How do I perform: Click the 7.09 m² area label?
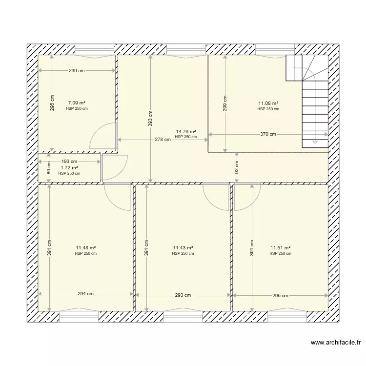click(77, 103)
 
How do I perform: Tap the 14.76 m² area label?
click(186, 131)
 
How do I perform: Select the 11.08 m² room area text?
click(268, 103)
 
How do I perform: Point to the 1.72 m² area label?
click(69, 167)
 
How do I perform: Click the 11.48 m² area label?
click(85, 248)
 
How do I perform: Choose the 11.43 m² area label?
click(183, 248)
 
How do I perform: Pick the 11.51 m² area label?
click(280, 248)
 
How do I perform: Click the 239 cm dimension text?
click(77, 71)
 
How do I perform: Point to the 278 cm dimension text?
click(163, 140)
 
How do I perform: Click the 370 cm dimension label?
click(267, 134)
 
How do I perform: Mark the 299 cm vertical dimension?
click(224, 102)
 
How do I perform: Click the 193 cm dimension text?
click(69, 161)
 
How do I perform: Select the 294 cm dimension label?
click(85, 294)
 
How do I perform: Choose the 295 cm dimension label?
click(280, 295)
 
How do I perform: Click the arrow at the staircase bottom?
click(315, 142)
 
